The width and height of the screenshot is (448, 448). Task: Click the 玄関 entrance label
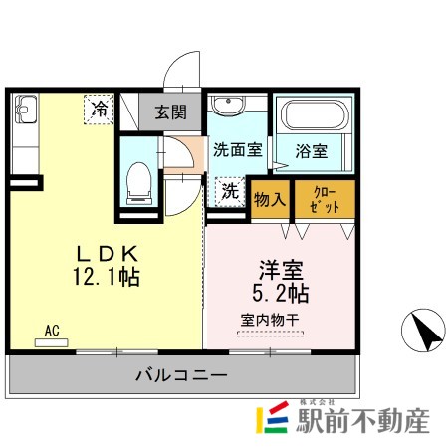click(x=171, y=112)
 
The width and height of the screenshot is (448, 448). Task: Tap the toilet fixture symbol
click(x=139, y=183)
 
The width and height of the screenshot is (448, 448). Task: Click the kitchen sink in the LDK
click(x=25, y=110)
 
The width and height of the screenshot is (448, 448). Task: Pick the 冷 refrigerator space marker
click(x=99, y=110)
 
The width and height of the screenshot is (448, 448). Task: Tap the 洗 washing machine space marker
click(x=230, y=192)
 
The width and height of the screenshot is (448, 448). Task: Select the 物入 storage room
click(x=270, y=199)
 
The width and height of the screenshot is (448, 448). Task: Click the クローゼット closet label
click(x=325, y=200)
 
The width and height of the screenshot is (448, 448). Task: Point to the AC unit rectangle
click(x=52, y=342)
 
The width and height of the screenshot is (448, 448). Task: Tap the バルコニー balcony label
click(x=181, y=375)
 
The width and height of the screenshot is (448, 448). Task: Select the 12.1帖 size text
click(x=107, y=277)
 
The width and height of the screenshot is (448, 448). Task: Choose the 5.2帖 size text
click(x=281, y=293)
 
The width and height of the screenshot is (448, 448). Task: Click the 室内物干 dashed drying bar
click(x=270, y=334)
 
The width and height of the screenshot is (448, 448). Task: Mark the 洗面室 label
click(x=238, y=150)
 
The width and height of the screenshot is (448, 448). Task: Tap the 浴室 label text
click(x=312, y=151)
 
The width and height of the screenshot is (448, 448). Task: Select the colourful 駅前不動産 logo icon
click(x=272, y=417)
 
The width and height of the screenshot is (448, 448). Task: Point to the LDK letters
click(x=107, y=254)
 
